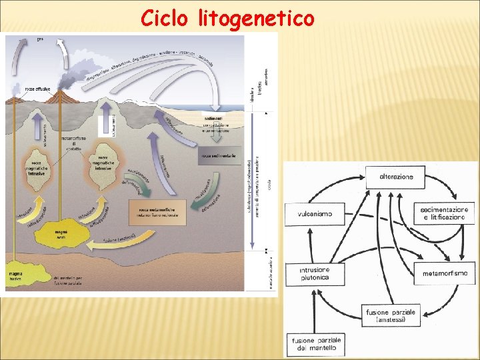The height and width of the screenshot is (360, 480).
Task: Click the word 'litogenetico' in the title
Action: coord(256,19)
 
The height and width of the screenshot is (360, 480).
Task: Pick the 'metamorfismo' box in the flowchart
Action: coord(445,273)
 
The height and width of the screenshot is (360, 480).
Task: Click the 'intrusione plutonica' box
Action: coord(315,273)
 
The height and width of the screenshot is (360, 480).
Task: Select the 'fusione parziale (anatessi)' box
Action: coord(391,315)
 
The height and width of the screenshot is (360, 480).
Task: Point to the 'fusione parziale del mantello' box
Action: coord(315,345)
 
